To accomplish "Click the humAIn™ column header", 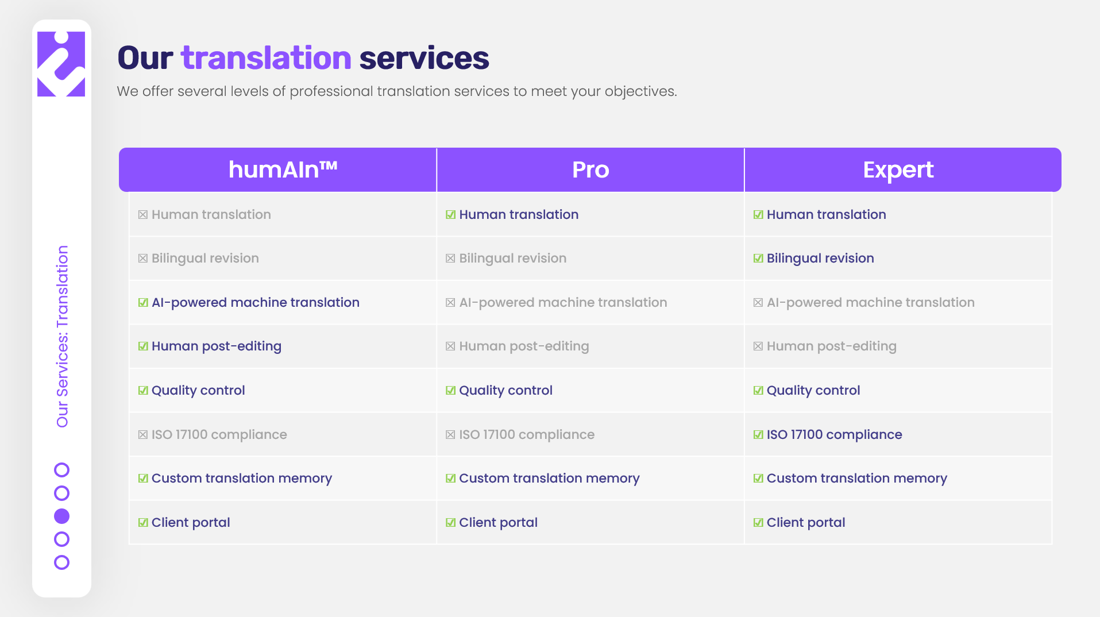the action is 283,169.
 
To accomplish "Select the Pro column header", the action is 590,169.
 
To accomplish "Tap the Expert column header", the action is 898,170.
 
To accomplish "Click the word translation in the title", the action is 266,58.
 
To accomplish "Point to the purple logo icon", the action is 61,64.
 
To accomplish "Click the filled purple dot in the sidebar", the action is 61,516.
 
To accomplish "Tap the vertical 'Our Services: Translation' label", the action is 62,336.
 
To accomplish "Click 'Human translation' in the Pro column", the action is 519,214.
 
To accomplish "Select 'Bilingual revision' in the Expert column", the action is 820,259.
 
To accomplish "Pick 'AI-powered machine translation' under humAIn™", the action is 256,303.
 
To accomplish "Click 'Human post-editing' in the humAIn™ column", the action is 217,346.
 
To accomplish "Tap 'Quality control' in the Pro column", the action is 505,391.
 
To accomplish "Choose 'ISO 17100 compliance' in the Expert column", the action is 834,434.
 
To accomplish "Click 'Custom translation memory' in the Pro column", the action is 549,479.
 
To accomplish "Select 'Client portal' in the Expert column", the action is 806,523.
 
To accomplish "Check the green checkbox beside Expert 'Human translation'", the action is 758,215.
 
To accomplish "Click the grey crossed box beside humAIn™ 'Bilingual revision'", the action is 143,259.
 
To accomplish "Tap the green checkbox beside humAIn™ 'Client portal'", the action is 143,523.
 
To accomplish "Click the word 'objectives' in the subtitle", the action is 639,92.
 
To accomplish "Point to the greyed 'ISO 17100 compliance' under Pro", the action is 527,434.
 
